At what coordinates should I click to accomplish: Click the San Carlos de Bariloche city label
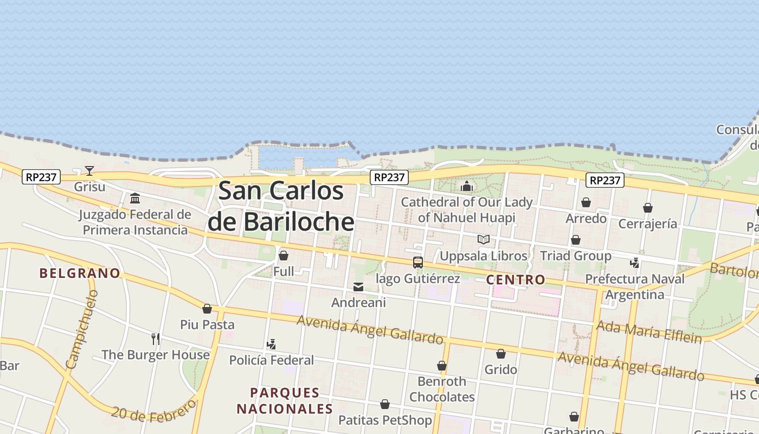tap(281, 206)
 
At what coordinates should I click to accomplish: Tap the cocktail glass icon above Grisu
tap(89, 171)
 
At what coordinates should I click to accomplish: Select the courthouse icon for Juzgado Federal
tap(135, 198)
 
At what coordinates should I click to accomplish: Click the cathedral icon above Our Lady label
tap(467, 187)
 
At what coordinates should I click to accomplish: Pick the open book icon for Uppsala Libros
tap(483, 240)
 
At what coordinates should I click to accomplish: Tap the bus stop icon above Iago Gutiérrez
tap(417, 263)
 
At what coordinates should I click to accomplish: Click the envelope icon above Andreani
tap(358, 287)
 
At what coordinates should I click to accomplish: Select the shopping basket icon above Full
tap(283, 256)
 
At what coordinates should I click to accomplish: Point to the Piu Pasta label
tap(207, 325)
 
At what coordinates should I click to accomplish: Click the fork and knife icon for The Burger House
tap(156, 339)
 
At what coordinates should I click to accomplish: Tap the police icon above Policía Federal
tap(271, 344)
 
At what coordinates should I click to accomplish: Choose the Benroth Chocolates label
tap(442, 389)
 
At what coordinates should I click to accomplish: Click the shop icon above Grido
tap(501, 354)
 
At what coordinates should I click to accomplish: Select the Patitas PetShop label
tap(385, 420)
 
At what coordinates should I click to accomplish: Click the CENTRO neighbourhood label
tap(516, 280)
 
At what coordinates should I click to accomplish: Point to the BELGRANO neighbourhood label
tap(80, 273)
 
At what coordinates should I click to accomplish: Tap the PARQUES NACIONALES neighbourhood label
tap(285, 400)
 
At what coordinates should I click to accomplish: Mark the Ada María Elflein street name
tap(649, 332)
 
